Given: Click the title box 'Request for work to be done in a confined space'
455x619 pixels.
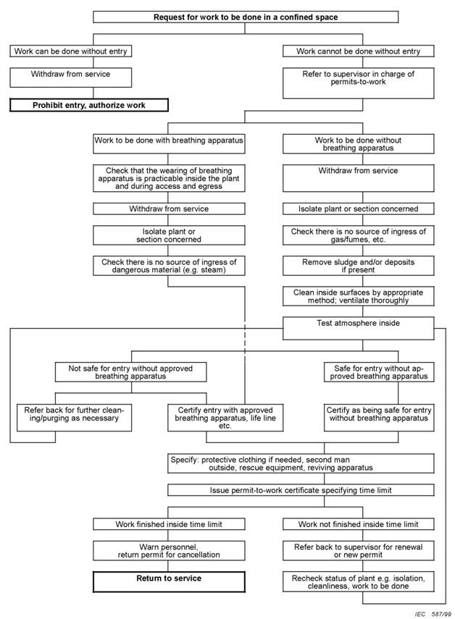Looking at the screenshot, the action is click(246, 17).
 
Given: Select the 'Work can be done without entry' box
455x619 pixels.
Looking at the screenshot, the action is click(71, 51).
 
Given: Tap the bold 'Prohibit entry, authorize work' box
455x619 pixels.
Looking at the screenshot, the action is click(89, 105).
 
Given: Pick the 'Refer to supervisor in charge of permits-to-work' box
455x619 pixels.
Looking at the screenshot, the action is click(358, 83).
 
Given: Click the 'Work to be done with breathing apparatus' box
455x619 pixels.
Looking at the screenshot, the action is click(169, 143).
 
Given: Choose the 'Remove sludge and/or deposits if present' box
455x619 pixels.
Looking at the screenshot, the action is click(358, 266).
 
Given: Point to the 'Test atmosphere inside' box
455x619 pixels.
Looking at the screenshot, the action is click(358, 329).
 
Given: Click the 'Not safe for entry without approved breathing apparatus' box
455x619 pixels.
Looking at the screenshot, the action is click(130, 372).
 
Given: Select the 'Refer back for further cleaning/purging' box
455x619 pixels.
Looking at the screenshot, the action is click(74, 417).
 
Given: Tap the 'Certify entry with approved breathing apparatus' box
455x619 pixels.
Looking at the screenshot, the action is click(225, 417).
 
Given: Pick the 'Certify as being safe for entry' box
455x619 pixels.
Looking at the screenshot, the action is click(379, 417).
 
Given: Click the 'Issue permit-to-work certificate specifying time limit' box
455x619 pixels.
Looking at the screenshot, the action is click(301, 490).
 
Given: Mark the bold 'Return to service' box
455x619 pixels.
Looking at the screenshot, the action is click(169, 581).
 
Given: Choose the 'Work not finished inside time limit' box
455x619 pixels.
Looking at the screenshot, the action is click(358, 524).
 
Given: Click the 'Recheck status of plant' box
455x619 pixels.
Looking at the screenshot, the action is click(358, 581).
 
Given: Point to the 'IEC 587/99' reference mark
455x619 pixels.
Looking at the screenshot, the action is click(433, 614).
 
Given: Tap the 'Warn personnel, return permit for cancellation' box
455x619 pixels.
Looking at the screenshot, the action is click(169, 550).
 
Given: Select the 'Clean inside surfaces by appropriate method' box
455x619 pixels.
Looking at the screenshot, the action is click(358, 296).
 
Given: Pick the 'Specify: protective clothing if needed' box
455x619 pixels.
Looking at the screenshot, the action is click(301, 463).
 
